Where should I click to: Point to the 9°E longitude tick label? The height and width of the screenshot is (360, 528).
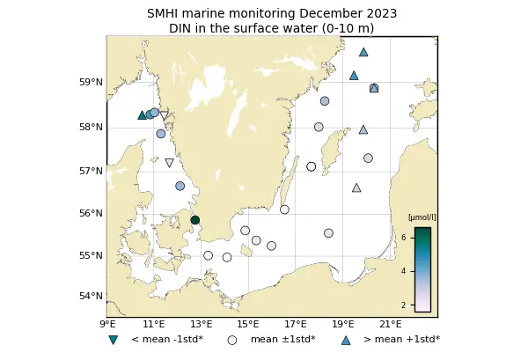point(106,324)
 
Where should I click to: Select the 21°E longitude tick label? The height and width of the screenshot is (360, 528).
point(391,324)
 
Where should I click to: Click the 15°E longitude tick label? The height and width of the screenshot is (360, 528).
point(248,324)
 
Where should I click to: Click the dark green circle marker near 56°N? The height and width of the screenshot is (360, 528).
point(195,220)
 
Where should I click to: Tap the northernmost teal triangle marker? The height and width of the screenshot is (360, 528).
point(363,52)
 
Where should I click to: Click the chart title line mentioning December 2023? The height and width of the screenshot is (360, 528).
point(271,13)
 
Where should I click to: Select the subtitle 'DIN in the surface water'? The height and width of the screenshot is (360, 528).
point(271,28)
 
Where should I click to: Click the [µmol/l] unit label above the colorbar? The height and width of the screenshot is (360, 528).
point(422,217)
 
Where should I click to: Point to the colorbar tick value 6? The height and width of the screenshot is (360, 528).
point(403,238)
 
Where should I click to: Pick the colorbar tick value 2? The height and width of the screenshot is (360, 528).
point(403,305)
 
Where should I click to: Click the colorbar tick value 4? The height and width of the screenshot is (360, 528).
point(403,271)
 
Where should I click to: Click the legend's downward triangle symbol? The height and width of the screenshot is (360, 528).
point(113,340)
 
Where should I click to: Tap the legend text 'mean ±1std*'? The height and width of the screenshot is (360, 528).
point(282,339)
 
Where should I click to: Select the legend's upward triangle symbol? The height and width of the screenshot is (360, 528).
point(345,339)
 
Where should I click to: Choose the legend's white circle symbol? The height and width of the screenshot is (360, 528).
point(232,339)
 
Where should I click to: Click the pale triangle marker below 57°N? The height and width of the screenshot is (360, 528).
point(356,187)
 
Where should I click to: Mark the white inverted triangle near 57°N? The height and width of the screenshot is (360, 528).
point(169,163)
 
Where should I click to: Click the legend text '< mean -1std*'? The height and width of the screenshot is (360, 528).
point(167,339)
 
